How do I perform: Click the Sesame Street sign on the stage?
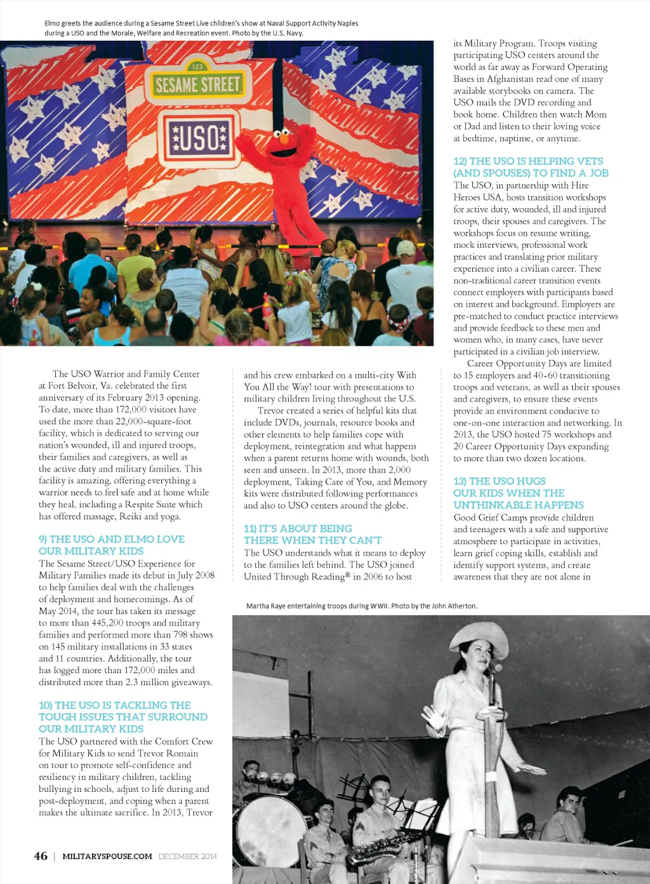coord(197,83)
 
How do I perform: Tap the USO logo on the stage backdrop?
coord(199,137)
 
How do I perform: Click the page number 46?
coord(41,856)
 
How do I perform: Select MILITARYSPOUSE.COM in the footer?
coord(107,857)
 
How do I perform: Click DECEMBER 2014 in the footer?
coord(188,857)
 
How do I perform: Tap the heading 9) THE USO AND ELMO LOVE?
coord(112,539)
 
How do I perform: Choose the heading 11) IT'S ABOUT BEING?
coord(298,528)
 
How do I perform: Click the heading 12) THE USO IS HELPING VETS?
coord(528,161)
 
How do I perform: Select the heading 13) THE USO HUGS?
coord(500,481)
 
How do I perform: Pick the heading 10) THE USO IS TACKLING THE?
coord(115,705)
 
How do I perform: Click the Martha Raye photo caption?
coord(362,606)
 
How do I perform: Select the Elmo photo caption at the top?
coord(201,28)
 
